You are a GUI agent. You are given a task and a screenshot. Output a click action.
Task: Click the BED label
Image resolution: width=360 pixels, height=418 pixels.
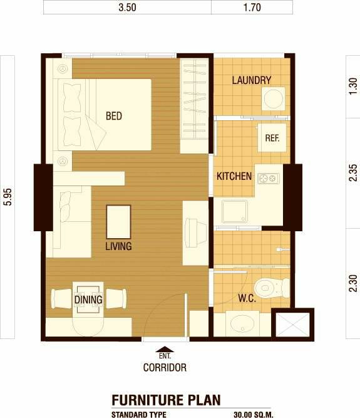(x=114, y=116)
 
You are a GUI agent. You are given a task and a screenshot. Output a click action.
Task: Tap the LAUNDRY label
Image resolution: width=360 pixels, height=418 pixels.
(x=251, y=80)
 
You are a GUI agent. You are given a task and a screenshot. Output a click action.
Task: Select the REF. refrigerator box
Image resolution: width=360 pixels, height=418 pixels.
(x=272, y=137)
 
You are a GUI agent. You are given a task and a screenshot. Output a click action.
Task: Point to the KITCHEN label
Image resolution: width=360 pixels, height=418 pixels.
(x=234, y=176)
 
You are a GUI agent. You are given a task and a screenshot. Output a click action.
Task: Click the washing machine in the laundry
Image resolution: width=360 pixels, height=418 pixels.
(x=273, y=98)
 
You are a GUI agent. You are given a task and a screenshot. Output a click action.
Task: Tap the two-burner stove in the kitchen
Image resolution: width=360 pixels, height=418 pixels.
(x=269, y=179)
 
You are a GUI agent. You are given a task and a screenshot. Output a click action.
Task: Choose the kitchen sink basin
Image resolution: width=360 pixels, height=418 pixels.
(x=235, y=211)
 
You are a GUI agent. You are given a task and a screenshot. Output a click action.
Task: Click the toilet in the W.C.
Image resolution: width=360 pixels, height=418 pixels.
(x=272, y=288)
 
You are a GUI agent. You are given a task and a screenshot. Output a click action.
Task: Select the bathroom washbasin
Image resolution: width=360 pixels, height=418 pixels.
(x=242, y=323)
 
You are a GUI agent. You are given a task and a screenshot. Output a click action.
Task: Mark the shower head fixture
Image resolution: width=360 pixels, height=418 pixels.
(x=283, y=250)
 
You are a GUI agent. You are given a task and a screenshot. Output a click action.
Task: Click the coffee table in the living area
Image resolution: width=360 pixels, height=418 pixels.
(x=118, y=222)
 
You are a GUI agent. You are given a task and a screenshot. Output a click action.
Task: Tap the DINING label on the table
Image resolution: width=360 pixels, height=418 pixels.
(x=88, y=300)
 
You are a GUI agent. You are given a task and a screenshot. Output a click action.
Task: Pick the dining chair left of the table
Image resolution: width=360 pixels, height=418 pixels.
(x=61, y=298)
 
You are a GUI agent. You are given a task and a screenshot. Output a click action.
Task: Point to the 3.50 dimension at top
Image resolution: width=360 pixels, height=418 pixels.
(x=127, y=7)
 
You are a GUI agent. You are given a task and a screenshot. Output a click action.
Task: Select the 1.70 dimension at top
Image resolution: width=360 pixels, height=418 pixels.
(x=252, y=7)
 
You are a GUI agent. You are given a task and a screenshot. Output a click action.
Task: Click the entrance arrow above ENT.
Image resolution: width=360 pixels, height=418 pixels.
(x=165, y=349)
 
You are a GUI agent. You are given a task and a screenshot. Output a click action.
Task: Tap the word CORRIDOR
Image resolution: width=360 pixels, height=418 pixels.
(x=165, y=368)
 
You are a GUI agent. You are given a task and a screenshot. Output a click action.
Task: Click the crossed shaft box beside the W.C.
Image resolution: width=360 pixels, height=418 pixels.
(x=292, y=325)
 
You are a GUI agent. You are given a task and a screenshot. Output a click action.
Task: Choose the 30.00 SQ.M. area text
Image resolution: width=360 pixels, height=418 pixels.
(x=254, y=414)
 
